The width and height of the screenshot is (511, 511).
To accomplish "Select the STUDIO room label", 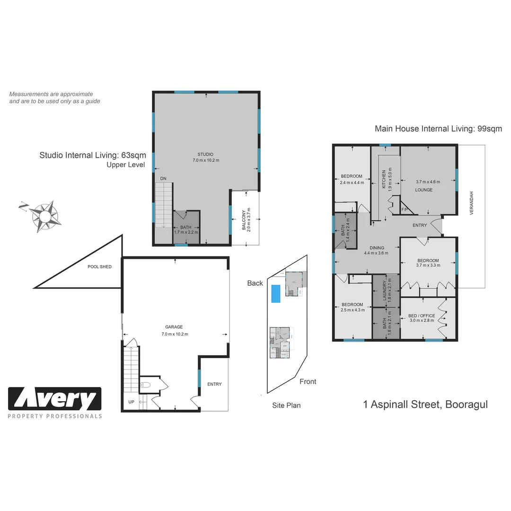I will tap(205, 154).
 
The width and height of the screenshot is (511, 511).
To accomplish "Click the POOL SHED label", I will tap(99, 267).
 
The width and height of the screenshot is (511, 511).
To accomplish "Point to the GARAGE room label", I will tap(174, 327).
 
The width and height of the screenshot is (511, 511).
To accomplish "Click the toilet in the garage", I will tap(146, 385).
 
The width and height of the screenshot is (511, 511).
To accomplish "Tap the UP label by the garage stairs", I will tap(131, 402).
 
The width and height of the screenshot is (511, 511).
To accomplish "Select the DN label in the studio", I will tap(163, 178).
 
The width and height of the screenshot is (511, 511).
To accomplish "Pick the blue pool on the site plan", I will tap(275, 293).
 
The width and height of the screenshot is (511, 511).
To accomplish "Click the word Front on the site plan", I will tap(308, 381).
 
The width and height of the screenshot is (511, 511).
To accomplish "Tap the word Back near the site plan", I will tap(255, 283).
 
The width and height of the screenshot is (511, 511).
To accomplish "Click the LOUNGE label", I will tap(424, 190).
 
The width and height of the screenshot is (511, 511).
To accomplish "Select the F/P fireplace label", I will tap(405, 209).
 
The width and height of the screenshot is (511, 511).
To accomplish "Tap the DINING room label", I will tap(377, 247).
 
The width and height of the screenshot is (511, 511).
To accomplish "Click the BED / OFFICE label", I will tap(421, 316).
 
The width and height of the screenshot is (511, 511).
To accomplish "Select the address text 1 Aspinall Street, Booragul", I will tap(425, 405).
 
